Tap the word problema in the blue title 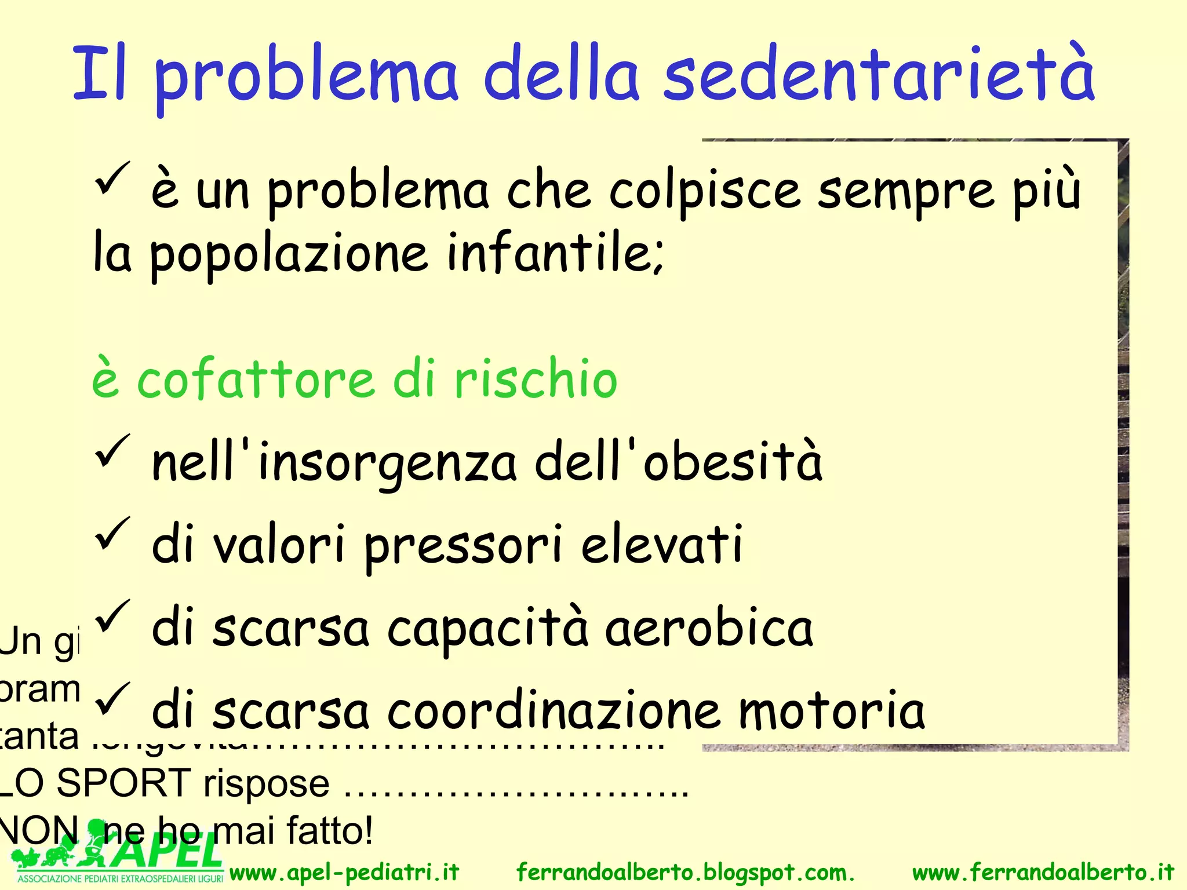point(307,78)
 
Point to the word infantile point(555,253)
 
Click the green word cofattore point(255,380)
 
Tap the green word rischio point(536,380)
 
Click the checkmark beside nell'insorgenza point(112,450)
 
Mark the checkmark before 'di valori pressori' point(112,533)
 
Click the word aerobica point(709,628)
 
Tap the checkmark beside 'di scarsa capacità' point(112,616)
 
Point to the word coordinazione point(554,711)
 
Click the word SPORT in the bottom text point(124,783)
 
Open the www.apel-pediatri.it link point(344,872)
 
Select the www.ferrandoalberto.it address point(1043,872)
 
